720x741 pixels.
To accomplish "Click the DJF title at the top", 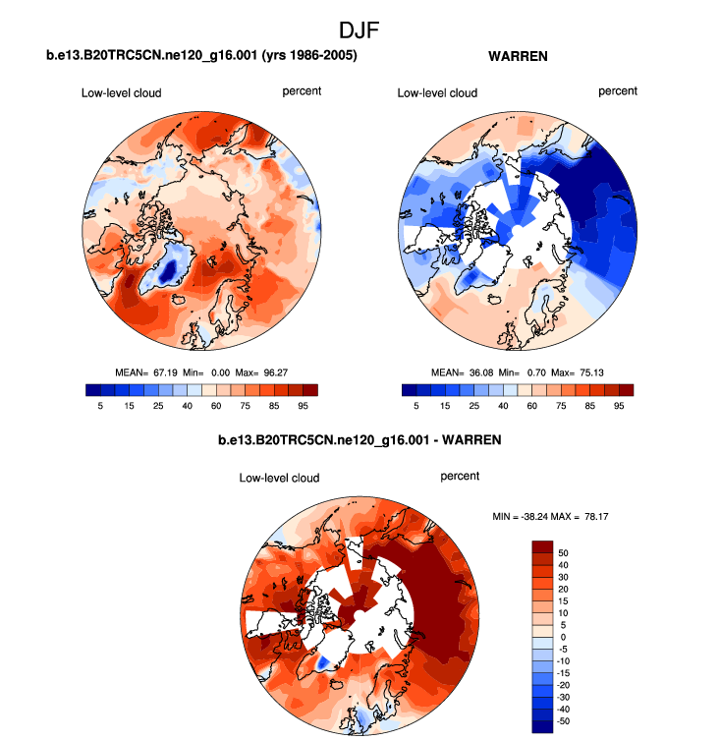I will click(359, 30).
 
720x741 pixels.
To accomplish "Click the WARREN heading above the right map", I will click(518, 57).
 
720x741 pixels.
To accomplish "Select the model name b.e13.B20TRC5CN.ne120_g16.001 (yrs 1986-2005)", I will click(201, 57).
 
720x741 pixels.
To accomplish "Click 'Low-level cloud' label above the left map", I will click(121, 93).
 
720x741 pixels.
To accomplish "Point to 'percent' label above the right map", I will click(618, 91).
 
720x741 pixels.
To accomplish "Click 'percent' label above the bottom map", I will click(460, 477).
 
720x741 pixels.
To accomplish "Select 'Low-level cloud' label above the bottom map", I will click(279, 479).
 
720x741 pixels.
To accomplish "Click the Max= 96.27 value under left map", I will click(264, 373).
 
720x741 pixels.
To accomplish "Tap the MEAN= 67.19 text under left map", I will click(144, 373).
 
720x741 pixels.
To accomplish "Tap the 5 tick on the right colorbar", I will click(416, 404).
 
